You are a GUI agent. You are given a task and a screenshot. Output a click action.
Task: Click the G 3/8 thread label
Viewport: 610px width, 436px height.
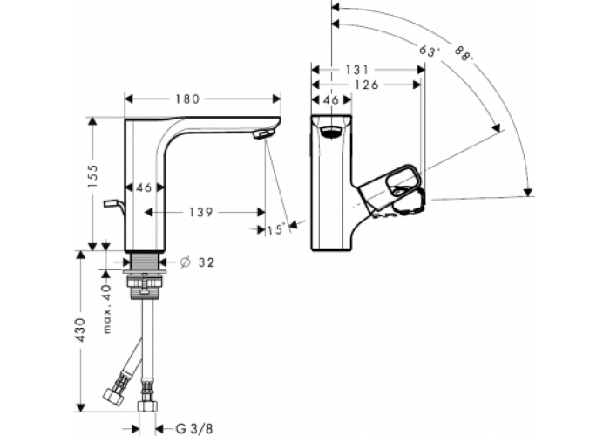pos(193,427)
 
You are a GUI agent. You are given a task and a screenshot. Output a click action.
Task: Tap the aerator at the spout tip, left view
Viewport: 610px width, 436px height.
pos(264,133)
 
